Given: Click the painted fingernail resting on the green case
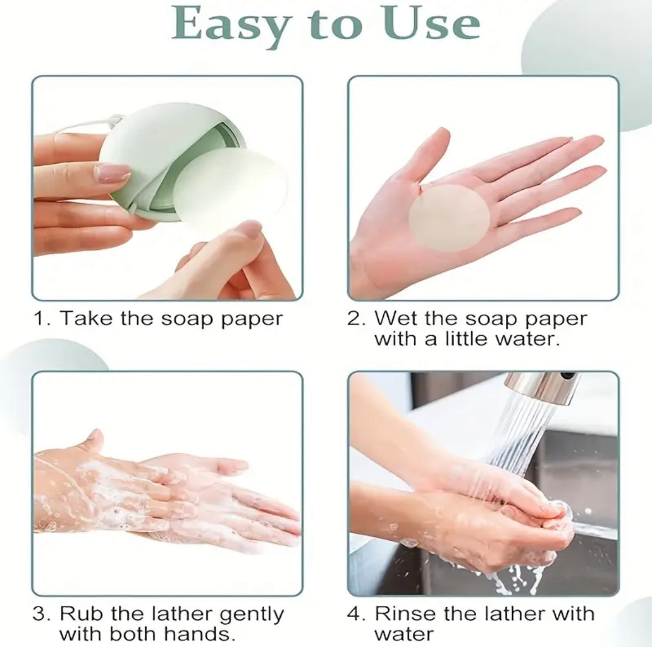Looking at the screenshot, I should [x=112, y=173].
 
